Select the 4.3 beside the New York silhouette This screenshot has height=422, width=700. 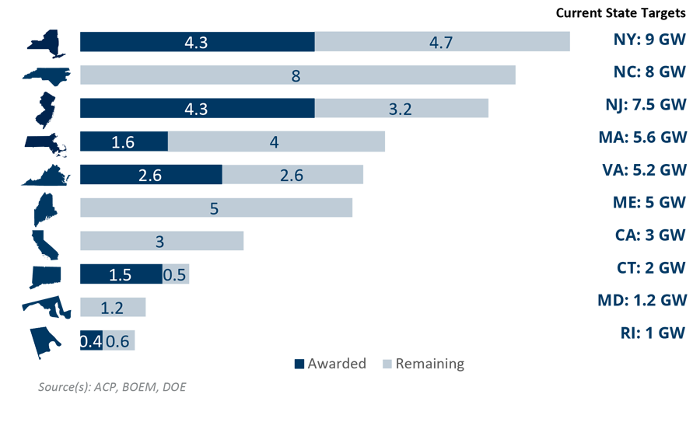(x=196, y=44)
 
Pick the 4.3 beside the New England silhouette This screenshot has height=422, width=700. (x=196, y=110)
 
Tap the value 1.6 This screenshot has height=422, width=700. (x=123, y=143)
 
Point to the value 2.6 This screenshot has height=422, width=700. (x=149, y=176)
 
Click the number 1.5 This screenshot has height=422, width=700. (x=120, y=275)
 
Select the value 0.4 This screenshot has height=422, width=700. (x=91, y=341)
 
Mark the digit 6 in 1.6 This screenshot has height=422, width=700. (x=130, y=143)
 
